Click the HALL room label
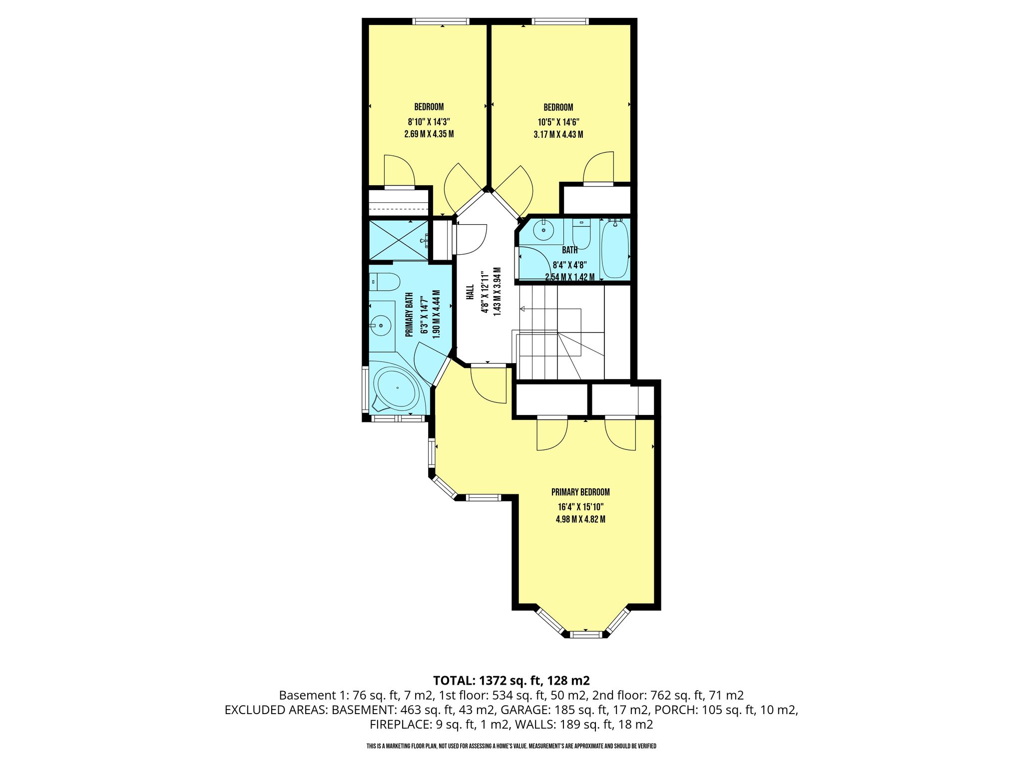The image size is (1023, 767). (470, 292)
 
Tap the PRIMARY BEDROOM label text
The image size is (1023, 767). (580, 492)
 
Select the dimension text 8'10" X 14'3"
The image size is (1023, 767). (429, 121)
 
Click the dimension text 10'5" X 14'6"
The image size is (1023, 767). (558, 122)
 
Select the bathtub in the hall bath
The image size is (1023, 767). (614, 249)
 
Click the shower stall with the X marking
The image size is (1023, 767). (399, 240)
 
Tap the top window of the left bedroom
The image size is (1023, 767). (441, 21)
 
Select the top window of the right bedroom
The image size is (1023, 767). (560, 21)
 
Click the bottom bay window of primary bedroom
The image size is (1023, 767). (586, 634)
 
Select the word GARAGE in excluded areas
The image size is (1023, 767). (522, 710)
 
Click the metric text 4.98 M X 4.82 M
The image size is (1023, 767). (580, 519)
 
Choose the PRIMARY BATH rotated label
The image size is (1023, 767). (409, 314)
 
